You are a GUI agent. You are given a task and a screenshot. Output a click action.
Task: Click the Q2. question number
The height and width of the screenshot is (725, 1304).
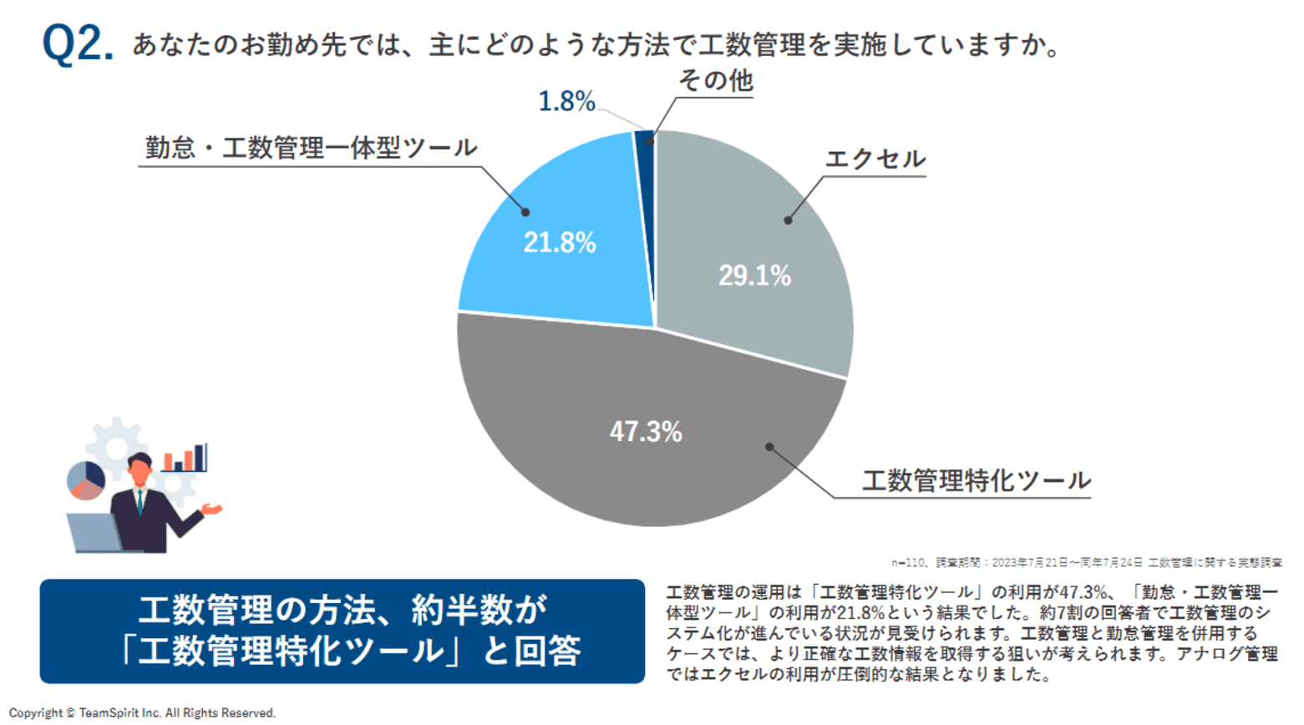click(77, 43)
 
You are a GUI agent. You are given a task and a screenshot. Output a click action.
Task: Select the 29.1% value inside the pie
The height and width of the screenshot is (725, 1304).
click(754, 276)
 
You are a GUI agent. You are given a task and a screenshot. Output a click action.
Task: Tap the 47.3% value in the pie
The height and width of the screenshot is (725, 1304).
click(646, 432)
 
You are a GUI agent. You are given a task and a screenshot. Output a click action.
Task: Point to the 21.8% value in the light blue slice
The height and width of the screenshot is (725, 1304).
click(560, 243)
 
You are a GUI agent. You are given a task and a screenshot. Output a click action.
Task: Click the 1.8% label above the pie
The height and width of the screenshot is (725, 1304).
click(566, 102)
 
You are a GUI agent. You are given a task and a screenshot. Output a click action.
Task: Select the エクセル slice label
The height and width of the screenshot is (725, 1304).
click(875, 159)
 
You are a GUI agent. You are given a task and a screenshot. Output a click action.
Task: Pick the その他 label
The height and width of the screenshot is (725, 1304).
click(715, 81)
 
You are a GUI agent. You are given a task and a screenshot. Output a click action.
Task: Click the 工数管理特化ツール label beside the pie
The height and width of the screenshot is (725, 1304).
click(976, 480)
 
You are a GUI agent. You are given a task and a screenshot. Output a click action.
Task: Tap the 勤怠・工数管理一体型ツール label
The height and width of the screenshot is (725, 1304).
click(311, 149)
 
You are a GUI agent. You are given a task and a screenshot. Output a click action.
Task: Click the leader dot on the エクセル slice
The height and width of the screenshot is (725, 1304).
click(788, 221)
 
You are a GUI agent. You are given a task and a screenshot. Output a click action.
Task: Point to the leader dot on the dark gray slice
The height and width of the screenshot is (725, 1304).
click(769, 448)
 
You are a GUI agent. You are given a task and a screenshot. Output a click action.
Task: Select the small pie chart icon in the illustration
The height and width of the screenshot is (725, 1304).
click(85, 480)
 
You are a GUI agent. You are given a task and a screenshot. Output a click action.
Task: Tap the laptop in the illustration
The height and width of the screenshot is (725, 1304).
click(94, 532)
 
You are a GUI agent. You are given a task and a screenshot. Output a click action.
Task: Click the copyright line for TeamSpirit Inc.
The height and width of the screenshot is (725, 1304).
click(142, 712)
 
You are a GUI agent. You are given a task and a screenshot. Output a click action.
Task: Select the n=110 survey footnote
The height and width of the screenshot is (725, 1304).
click(1086, 563)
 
